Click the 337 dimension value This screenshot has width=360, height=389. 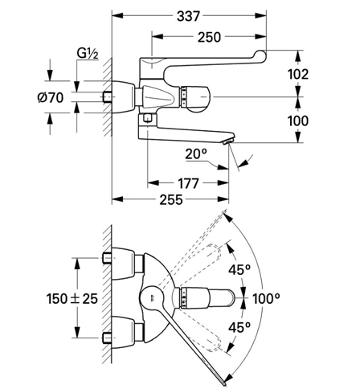coord(188,16)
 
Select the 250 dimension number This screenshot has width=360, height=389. coord(209,37)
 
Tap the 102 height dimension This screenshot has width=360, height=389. coord(298,74)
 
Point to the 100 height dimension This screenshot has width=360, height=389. coord(298,121)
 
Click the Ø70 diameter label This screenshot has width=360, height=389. coord(51,97)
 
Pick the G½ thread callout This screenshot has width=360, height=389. coord(88,54)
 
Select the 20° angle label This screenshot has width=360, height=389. coord(196,154)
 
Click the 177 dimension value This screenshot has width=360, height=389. coord(188,183)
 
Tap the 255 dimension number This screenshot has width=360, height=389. coord(171,199)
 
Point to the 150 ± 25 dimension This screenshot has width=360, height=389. coord(72,298)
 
